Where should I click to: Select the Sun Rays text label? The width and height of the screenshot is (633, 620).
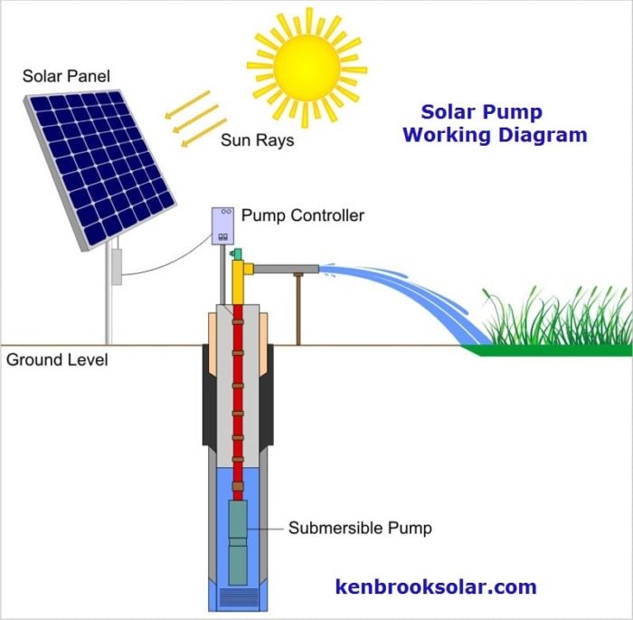(x=257, y=141)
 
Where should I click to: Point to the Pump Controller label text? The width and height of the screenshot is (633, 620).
(x=303, y=215)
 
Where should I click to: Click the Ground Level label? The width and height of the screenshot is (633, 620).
(x=57, y=359)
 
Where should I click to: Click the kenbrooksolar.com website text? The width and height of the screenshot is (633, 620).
(x=436, y=587)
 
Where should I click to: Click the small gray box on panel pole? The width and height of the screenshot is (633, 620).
(x=116, y=266)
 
